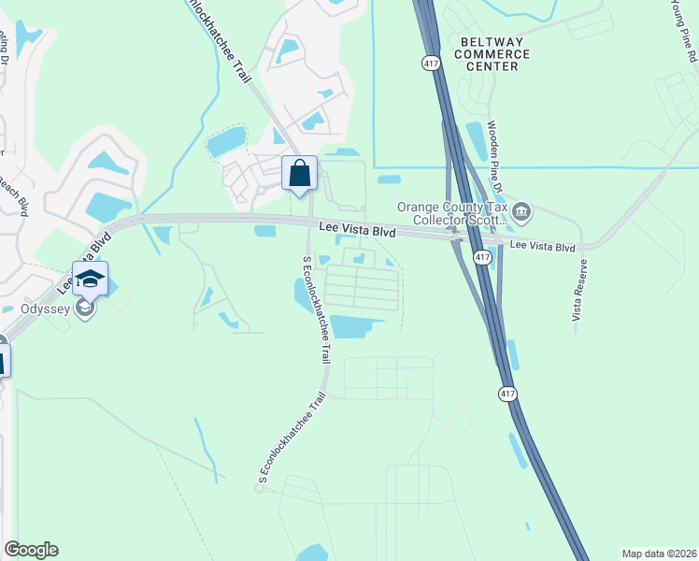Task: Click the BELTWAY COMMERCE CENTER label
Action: pyautogui.click(x=494, y=54)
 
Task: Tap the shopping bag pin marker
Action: pyautogui.click(x=299, y=174)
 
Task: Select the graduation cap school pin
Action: pyautogui.click(x=90, y=279)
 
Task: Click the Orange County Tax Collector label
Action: pyautogui.click(x=451, y=214)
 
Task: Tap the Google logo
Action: pyautogui.click(x=31, y=550)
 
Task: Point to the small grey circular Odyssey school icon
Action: pyautogui.click(x=85, y=309)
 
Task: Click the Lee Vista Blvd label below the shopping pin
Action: pyautogui.click(x=356, y=229)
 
